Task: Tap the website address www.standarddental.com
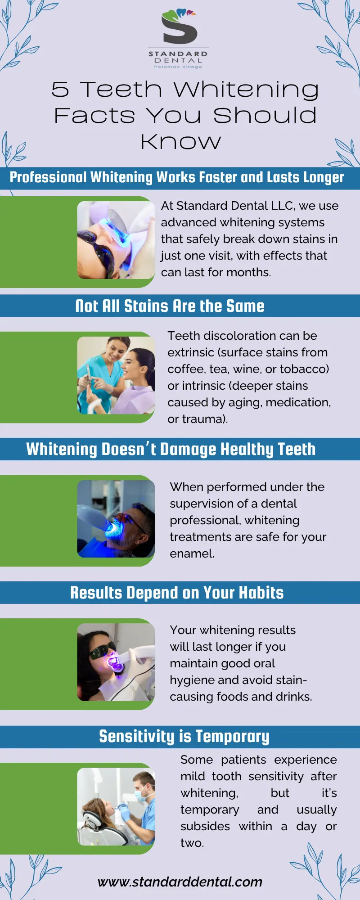pos(180,882)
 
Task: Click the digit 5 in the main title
pos(60,89)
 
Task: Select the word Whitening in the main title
pos(247,90)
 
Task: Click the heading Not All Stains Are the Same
pos(170,306)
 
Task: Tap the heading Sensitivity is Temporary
pos(184,736)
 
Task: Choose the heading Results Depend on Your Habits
pos(177,593)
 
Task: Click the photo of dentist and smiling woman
pos(116,375)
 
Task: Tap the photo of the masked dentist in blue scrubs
pos(116,806)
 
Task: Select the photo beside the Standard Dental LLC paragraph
pos(116,240)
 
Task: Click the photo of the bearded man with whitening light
pos(116,518)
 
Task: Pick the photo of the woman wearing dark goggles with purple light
pos(116,662)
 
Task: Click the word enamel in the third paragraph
pos(192,553)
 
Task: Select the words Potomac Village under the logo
pos(178,67)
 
